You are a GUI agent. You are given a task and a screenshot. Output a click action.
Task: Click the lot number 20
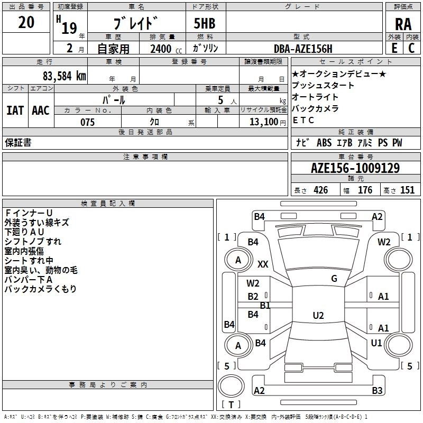click(x=26, y=22)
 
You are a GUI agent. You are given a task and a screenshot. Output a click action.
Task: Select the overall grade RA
click(x=403, y=24)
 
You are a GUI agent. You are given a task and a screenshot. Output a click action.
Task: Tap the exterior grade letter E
click(x=394, y=48)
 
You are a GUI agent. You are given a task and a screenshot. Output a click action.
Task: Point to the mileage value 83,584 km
click(x=64, y=76)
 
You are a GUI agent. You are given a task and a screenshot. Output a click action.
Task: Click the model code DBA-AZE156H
click(x=303, y=49)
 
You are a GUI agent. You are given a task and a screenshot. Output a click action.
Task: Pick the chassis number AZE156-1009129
click(x=355, y=168)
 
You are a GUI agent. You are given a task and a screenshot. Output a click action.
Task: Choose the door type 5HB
click(x=205, y=23)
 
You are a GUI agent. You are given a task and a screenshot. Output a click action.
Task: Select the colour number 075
click(x=88, y=122)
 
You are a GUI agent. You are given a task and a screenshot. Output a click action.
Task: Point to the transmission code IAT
click(x=15, y=111)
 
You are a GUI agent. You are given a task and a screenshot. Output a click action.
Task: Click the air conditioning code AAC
click(x=41, y=111)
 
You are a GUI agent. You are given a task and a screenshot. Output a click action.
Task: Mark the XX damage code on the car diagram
click(x=263, y=264)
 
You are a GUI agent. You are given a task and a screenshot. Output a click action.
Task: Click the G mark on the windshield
click(x=334, y=279)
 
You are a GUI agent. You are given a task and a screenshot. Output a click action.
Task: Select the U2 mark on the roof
click(x=318, y=315)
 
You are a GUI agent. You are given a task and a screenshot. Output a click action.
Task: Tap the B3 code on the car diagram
click(x=377, y=390)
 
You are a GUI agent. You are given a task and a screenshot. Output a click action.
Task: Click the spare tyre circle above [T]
click(x=231, y=386)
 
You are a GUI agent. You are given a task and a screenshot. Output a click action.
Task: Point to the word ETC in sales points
click(x=303, y=121)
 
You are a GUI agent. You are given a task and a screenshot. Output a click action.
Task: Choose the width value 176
click(x=365, y=190)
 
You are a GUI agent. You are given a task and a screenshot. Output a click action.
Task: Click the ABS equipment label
click(x=324, y=143)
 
